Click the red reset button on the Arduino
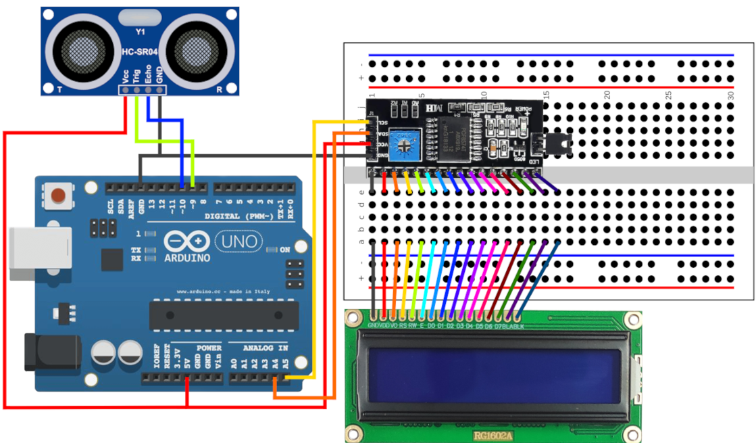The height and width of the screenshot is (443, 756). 59,195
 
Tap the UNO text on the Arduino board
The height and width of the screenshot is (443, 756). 236,241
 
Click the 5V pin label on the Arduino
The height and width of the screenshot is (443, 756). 187,357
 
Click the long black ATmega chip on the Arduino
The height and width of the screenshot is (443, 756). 218,315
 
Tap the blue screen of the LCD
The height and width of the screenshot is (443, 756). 493,369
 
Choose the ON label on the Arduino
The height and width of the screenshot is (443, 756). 284,250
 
